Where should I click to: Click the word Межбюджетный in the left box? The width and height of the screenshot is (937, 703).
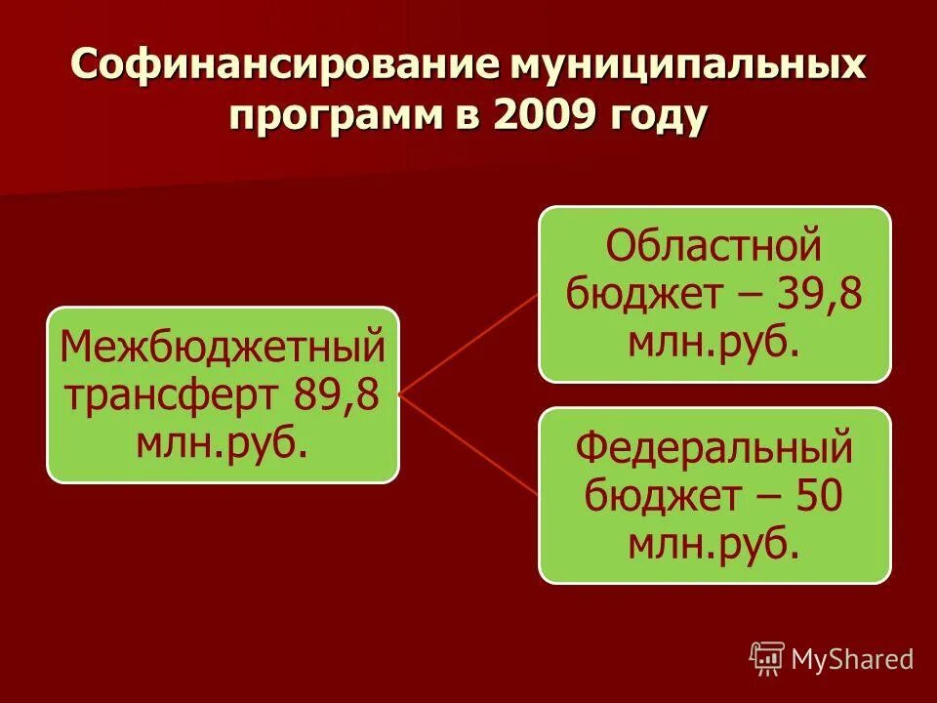[223, 348]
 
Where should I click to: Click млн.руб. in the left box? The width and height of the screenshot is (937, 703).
[223, 444]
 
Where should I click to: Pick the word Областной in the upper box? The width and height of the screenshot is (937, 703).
[714, 247]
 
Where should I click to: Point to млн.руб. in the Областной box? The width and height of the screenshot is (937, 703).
[714, 342]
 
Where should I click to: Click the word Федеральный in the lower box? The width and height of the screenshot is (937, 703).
[714, 450]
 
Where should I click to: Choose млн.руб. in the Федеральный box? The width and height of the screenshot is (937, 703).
[714, 545]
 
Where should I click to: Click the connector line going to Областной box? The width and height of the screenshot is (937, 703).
[468, 342]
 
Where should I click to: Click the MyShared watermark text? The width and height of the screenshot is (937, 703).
[851, 659]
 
